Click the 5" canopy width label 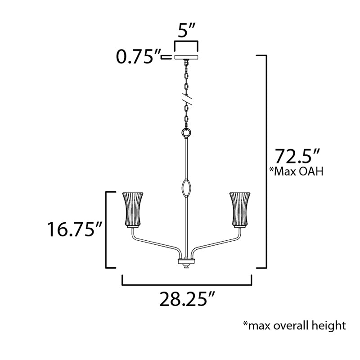click(186, 30)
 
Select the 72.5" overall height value click(297, 156)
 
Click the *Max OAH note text click(297, 171)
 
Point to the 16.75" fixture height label click(74, 229)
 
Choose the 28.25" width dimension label click(187, 299)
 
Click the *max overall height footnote click(294, 325)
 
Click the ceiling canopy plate click(186, 57)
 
